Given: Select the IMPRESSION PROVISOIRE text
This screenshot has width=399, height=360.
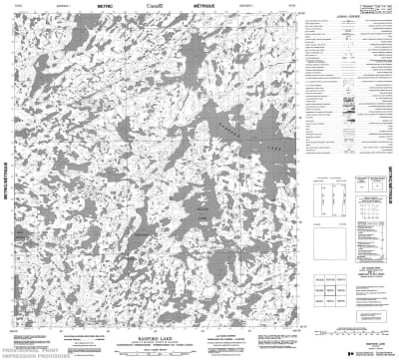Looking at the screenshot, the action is (x=26, y=354).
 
